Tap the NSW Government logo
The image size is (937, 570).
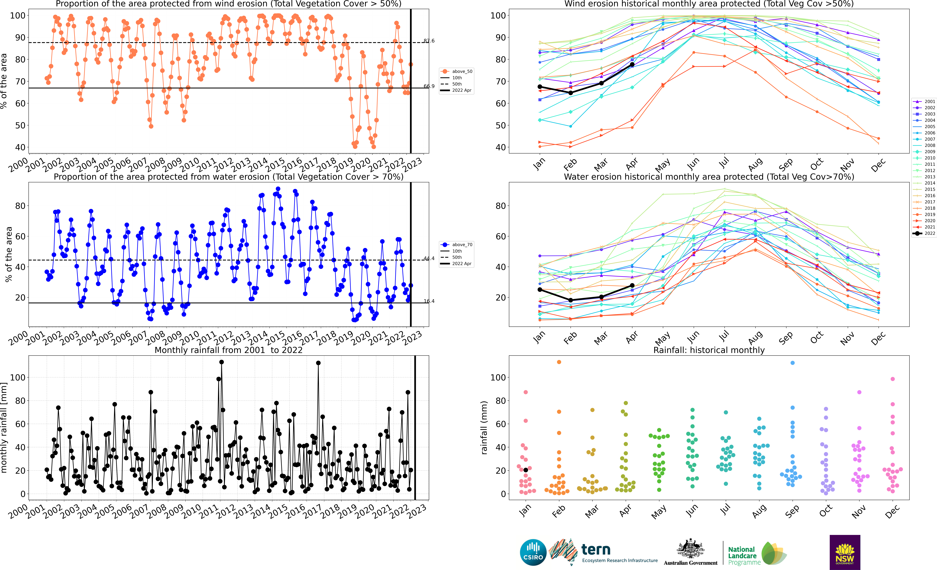tap(845, 552)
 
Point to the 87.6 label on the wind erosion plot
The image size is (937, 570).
tap(429, 41)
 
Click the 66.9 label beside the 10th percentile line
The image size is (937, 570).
tap(429, 86)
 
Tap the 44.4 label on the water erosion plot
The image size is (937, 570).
tap(429, 258)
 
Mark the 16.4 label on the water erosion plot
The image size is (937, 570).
tap(429, 301)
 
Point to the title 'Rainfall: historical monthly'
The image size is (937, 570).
tap(709, 350)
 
